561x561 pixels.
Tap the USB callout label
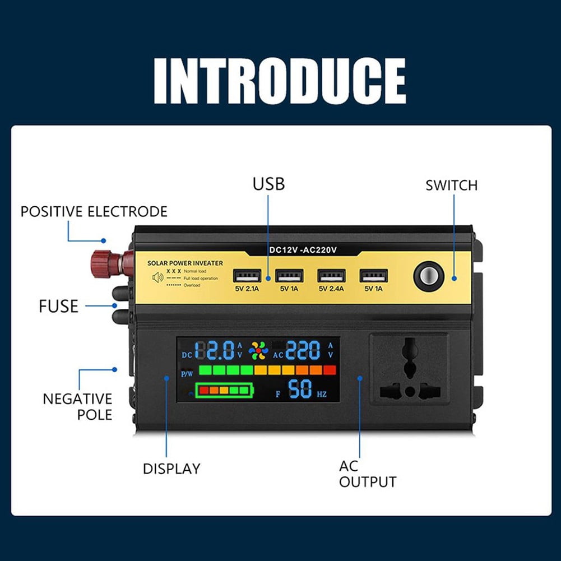coord(268,183)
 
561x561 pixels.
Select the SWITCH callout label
coord(451,185)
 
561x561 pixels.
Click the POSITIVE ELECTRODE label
coord(94,211)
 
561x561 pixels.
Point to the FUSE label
coord(58,307)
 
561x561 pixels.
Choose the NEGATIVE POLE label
coord(77,406)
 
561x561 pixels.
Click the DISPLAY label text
coord(171,469)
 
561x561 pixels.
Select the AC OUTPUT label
coord(367,474)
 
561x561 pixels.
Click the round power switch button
coord(428,276)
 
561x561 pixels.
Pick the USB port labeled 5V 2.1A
coord(247,276)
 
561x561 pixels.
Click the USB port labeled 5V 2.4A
coord(331,276)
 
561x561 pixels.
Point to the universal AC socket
coord(409,369)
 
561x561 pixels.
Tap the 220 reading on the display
coord(303,351)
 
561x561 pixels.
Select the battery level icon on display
coord(224,390)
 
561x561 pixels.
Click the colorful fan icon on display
coord(258,350)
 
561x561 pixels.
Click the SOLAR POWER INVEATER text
coord(184,263)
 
